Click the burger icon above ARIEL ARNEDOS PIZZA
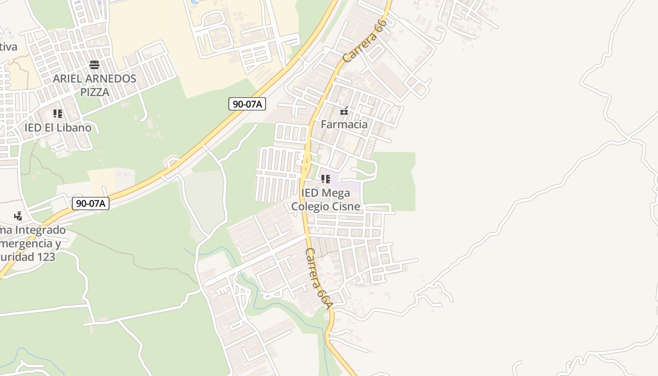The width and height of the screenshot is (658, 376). (x=94, y=65)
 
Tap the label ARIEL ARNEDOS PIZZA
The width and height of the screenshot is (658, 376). (x=94, y=85)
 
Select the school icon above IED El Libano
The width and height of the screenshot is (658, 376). (x=58, y=114)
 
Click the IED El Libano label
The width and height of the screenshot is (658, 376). (x=58, y=128)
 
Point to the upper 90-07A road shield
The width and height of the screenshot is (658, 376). (x=247, y=104)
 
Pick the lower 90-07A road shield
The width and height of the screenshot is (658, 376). (x=91, y=204)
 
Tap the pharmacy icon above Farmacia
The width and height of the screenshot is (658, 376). (x=344, y=111)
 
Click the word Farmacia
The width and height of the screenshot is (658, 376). (x=344, y=125)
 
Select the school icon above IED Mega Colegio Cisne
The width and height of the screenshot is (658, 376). (x=326, y=179)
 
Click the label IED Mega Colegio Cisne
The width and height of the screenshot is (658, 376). (x=326, y=200)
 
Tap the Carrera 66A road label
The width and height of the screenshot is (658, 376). (x=319, y=279)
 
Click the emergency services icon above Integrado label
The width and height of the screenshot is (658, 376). (x=18, y=216)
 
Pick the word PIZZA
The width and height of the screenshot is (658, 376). (x=94, y=92)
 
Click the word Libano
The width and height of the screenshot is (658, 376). (x=74, y=128)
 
